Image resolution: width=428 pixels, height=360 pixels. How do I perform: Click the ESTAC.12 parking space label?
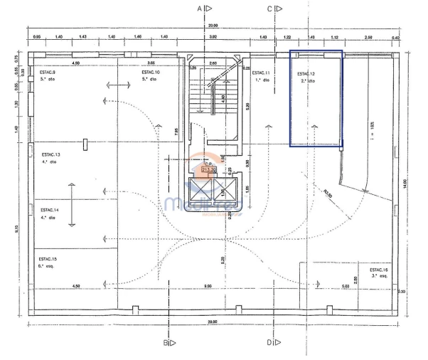point(305,74)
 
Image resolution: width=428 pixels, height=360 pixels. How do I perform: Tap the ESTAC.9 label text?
point(49,73)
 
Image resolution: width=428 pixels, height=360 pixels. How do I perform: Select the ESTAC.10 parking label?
point(150,73)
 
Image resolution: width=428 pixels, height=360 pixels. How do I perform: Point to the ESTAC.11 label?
point(261,73)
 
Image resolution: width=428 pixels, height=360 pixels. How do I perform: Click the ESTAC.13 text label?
point(50,154)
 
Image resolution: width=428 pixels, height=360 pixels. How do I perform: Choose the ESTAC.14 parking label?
point(50,210)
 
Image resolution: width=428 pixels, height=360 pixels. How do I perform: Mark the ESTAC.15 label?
point(48,259)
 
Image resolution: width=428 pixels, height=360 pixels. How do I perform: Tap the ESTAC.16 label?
point(379,270)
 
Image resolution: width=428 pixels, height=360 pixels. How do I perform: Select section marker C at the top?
point(270,9)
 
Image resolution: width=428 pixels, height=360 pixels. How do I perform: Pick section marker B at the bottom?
point(165,342)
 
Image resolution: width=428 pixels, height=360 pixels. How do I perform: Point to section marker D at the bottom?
point(270,342)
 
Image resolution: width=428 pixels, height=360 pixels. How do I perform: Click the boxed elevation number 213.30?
point(209,169)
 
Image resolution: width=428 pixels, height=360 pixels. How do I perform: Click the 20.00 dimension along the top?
point(212,26)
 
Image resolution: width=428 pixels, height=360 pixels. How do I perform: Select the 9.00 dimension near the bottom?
point(208,286)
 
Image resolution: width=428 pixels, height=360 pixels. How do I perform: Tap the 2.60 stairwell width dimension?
point(213,63)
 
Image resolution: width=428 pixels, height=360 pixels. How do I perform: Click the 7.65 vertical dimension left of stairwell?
point(176,130)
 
